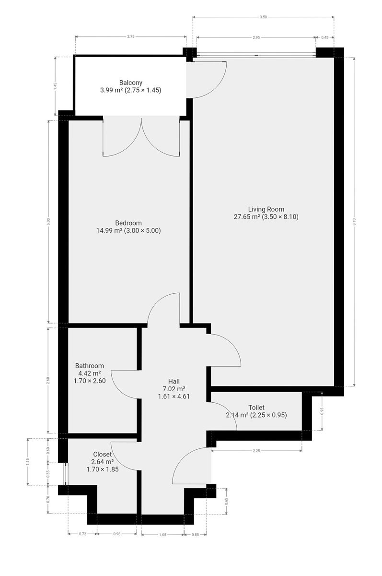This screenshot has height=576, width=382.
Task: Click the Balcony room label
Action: pyautogui.click(x=131, y=83)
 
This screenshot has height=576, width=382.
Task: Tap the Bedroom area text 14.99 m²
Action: pyautogui.click(x=109, y=230)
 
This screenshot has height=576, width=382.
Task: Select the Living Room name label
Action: pyautogui.click(x=266, y=209)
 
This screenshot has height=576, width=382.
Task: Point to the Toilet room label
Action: pyautogui.click(x=256, y=408)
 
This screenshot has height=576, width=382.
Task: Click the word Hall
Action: pyautogui.click(x=174, y=381)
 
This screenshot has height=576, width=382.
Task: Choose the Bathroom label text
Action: pyautogui.click(x=89, y=366)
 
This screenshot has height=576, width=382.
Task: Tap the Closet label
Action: pyautogui.click(x=102, y=455)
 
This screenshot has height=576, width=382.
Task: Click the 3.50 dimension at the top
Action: pyautogui.click(x=263, y=17)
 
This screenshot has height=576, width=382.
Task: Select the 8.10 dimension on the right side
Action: pyautogui.click(x=354, y=222)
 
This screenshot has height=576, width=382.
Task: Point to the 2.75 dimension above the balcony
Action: pyautogui.click(x=131, y=36)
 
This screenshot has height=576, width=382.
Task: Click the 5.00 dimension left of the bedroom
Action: pyautogui.click(x=49, y=222)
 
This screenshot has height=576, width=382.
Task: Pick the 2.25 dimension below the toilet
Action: pyautogui.click(x=256, y=451)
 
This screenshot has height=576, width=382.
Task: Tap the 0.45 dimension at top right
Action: pyautogui.click(x=325, y=37)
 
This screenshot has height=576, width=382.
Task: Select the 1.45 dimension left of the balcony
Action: pyautogui.click(x=55, y=86)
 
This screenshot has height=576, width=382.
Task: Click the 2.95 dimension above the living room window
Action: pyautogui.click(x=256, y=37)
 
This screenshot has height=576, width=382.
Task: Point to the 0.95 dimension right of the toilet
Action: pyautogui.click(x=322, y=411)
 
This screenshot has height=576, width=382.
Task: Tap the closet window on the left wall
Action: pyautogui.click(x=67, y=474)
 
